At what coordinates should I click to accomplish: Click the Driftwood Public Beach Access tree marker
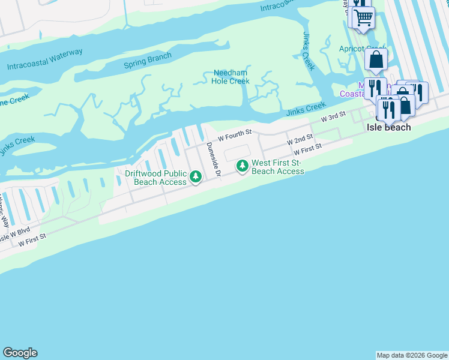pyautogui.click(x=196, y=176)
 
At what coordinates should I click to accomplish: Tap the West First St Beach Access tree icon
pyautogui.click(x=242, y=165)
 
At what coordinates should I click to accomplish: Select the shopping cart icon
pyautogui.click(x=362, y=17)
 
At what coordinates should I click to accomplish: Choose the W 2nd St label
pyautogui.click(x=300, y=140)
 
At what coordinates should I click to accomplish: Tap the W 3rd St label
pyautogui.click(x=334, y=116)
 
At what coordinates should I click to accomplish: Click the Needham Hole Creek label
pyautogui.click(x=231, y=77)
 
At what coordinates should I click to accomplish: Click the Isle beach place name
pyautogui.click(x=389, y=127)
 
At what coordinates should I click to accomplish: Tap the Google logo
pyautogui.click(x=20, y=353)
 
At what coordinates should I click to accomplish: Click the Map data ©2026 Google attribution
pyautogui.click(x=412, y=355)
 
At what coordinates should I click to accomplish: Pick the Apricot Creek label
pyautogui.click(x=362, y=49)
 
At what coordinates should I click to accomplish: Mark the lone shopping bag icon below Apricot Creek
pyautogui.click(x=376, y=60)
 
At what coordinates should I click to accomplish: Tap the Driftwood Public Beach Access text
pyautogui.click(x=155, y=178)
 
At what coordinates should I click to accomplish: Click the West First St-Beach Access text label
pyautogui.click(x=277, y=167)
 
